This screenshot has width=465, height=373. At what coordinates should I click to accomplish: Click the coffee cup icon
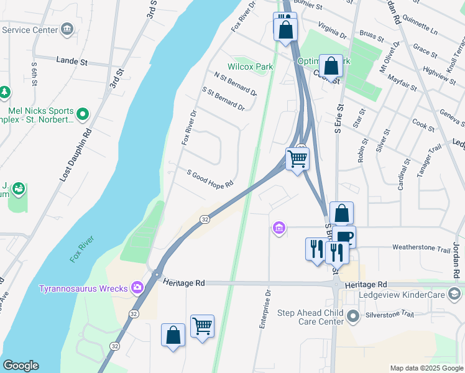tap(344, 236)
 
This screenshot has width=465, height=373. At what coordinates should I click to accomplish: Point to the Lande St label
tap(73, 61)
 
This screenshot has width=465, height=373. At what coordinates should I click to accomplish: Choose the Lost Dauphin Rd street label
tap(76, 155)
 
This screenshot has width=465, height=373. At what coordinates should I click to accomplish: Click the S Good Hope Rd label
tap(210, 177)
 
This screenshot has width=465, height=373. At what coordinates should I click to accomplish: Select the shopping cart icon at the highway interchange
tap(297, 159)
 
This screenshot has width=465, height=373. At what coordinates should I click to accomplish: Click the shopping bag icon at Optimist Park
tap(331, 65)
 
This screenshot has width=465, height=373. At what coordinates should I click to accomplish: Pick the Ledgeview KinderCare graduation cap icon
tap(454, 294)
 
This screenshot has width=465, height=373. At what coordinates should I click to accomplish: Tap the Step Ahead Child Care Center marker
tap(354, 317)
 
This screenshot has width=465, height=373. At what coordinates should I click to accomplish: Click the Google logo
tap(21, 366)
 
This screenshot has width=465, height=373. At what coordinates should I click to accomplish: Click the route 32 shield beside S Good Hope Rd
tap(205, 219)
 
